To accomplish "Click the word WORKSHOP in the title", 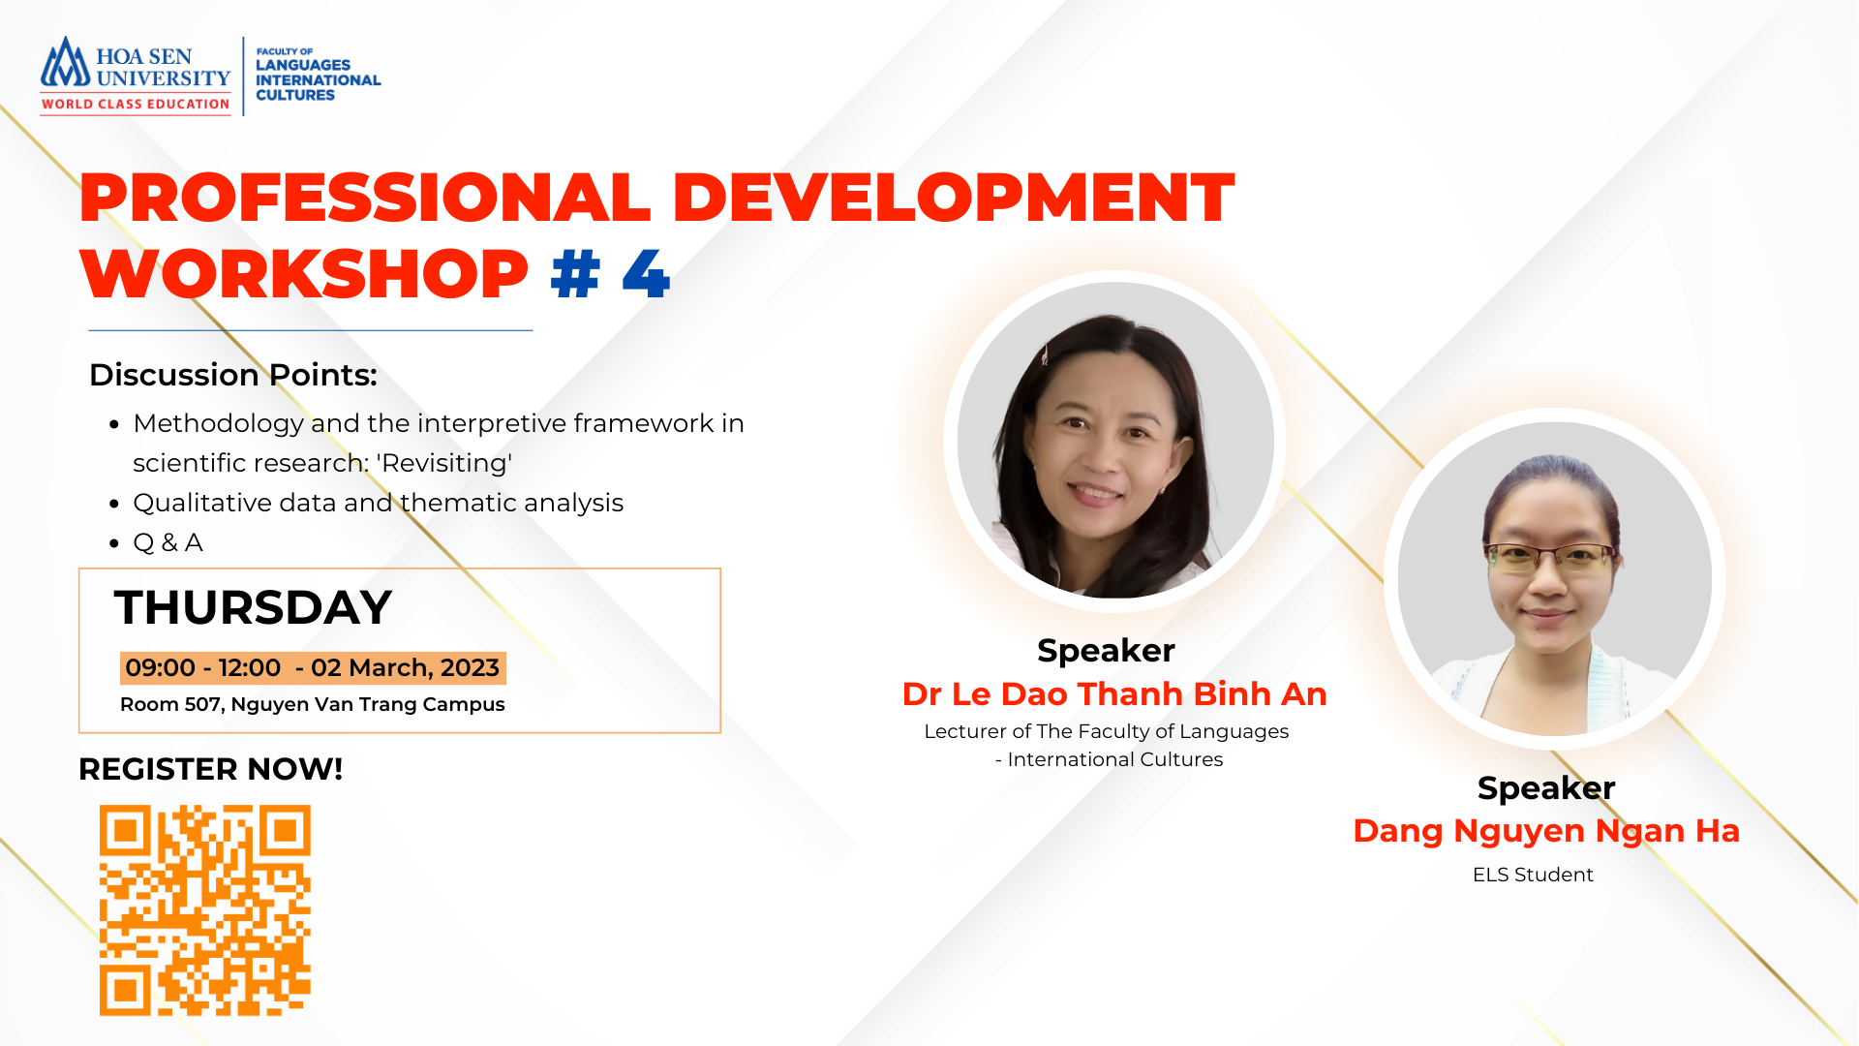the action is click(304, 274).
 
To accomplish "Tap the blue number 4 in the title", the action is click(646, 274).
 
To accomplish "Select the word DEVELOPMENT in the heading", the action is click(953, 198).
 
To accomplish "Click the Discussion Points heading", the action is click(233, 375).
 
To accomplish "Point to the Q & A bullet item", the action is click(168, 542).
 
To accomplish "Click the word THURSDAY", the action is click(253, 607).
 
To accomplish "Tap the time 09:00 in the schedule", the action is click(160, 667).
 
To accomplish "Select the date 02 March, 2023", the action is click(405, 667).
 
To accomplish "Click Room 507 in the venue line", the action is click(170, 704).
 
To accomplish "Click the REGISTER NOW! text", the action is click(210, 769).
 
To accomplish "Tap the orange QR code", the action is click(205, 910).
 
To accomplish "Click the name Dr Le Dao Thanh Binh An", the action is click(1114, 693).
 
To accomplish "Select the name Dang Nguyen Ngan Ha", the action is click(1546, 831).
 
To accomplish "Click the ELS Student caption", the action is click(1533, 875).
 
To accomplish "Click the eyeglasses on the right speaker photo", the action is click(1550, 557).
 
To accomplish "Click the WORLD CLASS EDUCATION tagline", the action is click(136, 104).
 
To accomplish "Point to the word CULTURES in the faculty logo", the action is click(295, 95).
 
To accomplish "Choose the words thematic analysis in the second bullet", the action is click(512, 503).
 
